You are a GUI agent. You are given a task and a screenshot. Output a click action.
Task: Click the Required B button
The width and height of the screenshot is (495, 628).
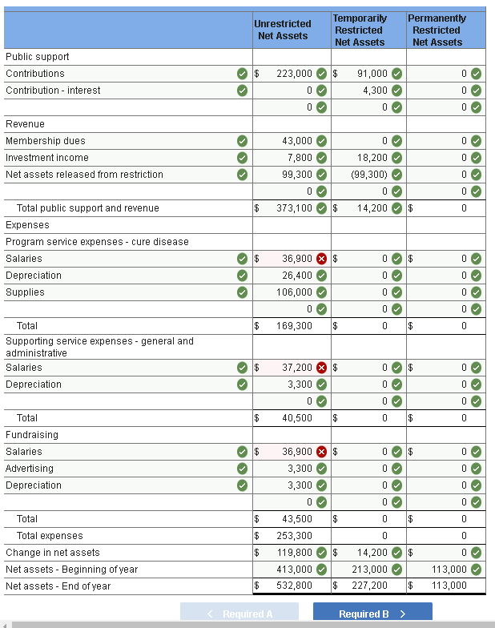(372, 614)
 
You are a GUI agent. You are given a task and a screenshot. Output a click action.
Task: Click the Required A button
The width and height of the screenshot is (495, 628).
(239, 614)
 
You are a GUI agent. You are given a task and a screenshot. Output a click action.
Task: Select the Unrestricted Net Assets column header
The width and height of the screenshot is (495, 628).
(283, 30)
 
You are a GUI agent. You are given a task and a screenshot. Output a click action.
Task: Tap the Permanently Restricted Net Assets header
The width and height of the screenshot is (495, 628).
(437, 30)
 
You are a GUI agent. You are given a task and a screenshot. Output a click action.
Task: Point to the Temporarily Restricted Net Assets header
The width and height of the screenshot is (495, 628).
(360, 30)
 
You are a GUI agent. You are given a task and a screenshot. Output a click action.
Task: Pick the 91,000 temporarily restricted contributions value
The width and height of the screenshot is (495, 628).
(372, 74)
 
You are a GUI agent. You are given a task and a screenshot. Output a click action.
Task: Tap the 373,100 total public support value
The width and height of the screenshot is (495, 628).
(294, 208)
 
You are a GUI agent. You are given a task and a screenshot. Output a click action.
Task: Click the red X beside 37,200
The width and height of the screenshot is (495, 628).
(322, 368)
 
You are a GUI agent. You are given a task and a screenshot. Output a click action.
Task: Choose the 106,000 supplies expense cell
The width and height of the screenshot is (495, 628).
(294, 292)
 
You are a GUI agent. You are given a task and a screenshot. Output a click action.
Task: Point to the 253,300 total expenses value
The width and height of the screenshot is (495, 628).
(294, 536)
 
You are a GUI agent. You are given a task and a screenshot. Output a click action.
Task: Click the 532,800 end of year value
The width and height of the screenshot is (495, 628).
(294, 586)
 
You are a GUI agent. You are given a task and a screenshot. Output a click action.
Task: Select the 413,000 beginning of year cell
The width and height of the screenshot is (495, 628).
(294, 570)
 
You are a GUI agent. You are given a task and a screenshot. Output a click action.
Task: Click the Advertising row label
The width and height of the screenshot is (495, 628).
(30, 469)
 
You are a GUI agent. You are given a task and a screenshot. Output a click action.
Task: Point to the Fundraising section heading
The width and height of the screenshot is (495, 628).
(32, 435)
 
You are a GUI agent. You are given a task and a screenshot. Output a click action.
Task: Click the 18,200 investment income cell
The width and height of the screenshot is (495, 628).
(372, 158)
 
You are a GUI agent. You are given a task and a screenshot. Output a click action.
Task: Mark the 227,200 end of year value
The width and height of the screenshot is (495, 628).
(370, 586)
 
